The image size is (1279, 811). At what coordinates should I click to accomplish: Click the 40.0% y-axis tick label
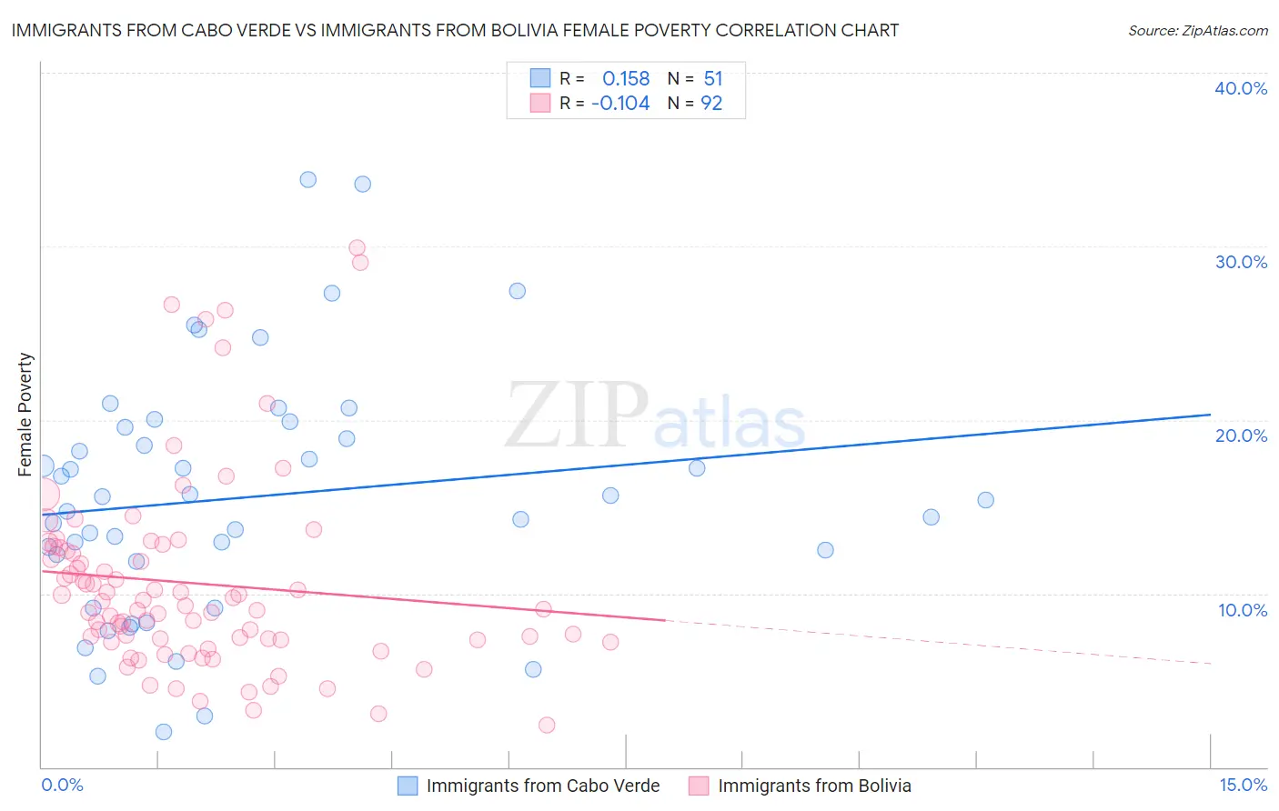[1240, 88]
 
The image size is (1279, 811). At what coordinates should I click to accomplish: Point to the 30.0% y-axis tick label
[1240, 262]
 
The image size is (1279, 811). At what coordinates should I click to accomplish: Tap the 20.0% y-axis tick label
[1240, 436]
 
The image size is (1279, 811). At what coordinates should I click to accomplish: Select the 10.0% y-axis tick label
[1242, 610]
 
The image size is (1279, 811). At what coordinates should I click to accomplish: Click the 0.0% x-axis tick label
[62, 785]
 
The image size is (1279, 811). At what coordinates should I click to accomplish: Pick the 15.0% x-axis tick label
[1243, 785]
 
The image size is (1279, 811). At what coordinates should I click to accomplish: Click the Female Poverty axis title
[25, 415]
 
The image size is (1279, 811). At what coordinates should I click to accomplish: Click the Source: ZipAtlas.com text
[1197, 31]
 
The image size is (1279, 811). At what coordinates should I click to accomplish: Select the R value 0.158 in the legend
[626, 78]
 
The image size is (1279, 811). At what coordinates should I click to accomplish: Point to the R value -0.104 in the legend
[620, 104]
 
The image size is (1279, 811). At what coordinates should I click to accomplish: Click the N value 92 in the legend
[711, 104]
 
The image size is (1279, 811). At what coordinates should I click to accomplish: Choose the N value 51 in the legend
[713, 78]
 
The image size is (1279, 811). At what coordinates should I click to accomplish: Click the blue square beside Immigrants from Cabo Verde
[408, 786]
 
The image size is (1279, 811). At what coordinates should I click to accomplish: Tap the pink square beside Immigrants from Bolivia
[699, 786]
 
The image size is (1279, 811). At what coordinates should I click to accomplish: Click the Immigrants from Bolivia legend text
[814, 786]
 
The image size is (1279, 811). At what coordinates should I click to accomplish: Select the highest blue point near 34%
[308, 180]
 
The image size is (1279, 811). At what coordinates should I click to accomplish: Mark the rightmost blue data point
[985, 500]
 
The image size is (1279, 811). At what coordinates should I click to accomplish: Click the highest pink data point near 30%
[358, 247]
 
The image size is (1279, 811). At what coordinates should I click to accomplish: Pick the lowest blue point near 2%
[164, 732]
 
